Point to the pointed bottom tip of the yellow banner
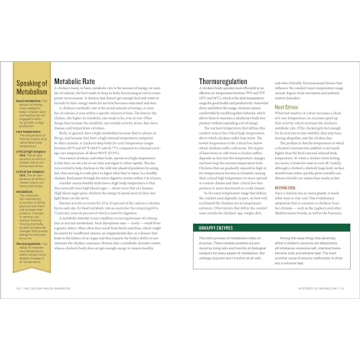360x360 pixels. coord(31,301)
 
